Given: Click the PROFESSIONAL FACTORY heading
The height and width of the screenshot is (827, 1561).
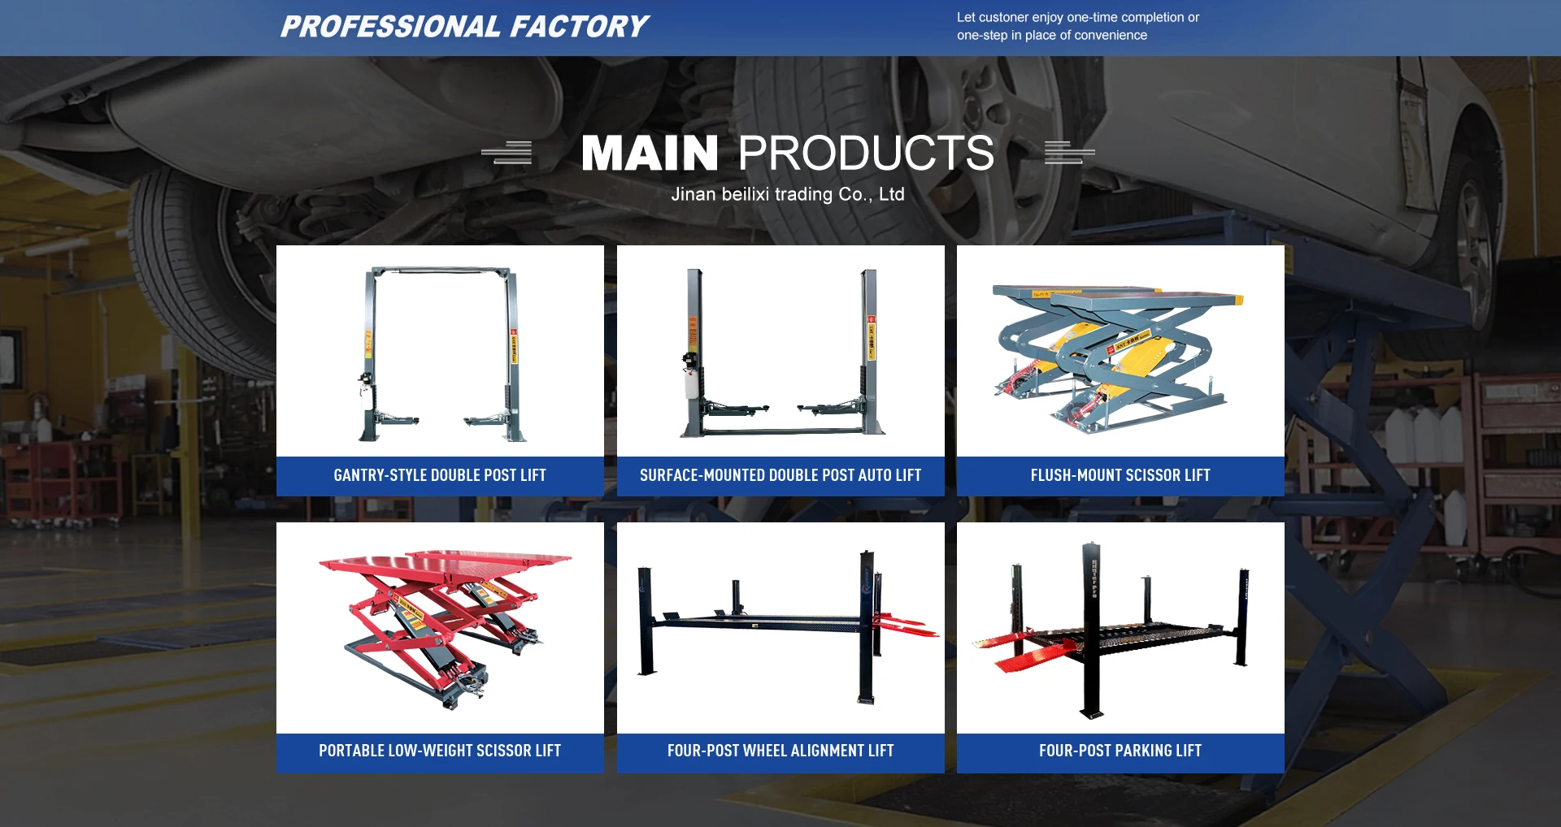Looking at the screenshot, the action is tap(464, 27).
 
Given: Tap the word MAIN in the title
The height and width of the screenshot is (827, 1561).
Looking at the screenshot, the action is tap(650, 153).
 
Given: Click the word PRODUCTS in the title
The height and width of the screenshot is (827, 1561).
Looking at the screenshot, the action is tap(866, 153).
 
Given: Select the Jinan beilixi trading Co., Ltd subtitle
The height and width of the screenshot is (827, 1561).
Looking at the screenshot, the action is tap(787, 194).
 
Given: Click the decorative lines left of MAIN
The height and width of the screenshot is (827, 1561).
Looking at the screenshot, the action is tap(507, 152).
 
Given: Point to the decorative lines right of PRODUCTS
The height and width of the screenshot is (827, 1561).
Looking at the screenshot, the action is tap(1069, 152).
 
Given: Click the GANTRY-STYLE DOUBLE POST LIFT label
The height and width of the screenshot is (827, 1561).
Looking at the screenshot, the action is tap(440, 475).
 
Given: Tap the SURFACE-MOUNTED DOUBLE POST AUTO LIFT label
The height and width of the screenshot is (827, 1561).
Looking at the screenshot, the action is tap(780, 475).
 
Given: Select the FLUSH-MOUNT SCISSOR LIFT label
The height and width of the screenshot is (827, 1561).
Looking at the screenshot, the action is tap(1120, 475).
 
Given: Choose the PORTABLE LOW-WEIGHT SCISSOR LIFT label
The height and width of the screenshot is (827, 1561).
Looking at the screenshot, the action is tap(440, 751).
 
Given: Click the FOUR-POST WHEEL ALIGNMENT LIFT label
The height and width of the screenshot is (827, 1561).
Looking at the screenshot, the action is tap(780, 751).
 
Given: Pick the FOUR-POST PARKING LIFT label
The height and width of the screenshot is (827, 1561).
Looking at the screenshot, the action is tap(1120, 751).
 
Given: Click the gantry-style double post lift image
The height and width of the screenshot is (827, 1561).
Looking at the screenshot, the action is tap(440, 353).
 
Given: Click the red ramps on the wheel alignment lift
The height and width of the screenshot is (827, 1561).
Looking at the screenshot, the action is tap(905, 626).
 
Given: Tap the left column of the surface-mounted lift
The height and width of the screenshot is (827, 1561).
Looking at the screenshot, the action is tap(694, 352).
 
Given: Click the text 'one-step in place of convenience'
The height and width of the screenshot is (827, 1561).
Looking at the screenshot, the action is tap(1052, 36).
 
